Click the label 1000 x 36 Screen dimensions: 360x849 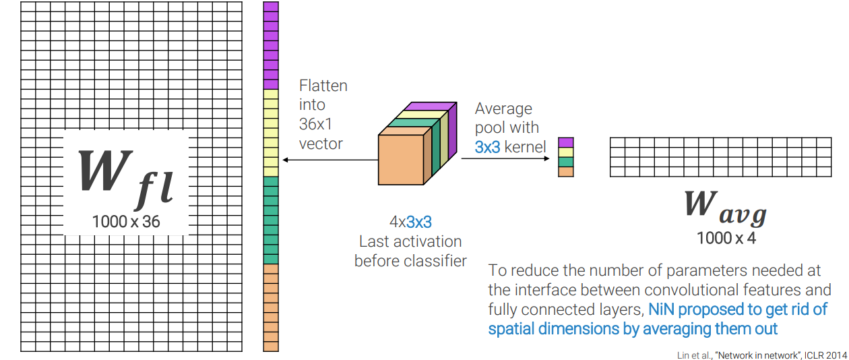(x=126, y=220)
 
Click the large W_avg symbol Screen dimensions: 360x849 (x=725, y=206)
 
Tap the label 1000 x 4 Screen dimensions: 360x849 (x=725, y=237)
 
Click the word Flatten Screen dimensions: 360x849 (x=323, y=86)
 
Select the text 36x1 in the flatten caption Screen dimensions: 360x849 (x=312, y=125)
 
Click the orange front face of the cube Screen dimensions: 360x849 (x=401, y=159)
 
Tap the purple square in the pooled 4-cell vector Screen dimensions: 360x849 (x=566, y=142)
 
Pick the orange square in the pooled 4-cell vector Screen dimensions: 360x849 (x=566, y=171)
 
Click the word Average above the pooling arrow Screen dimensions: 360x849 (x=503, y=109)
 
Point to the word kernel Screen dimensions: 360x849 (x=525, y=146)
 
